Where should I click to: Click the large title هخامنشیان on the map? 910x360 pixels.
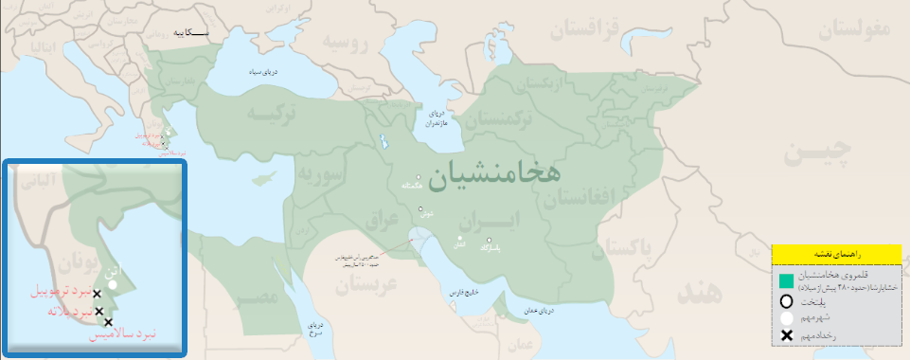coord(493,173)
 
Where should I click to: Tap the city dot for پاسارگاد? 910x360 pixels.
coord(489,240)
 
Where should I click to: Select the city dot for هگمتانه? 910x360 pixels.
coord(419,177)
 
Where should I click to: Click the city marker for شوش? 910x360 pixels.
coord(420,208)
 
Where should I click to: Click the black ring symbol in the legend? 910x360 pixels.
coord(786,301)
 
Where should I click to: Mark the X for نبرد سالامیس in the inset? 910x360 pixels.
coord(107,322)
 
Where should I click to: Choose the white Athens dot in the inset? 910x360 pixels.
coord(113,282)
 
